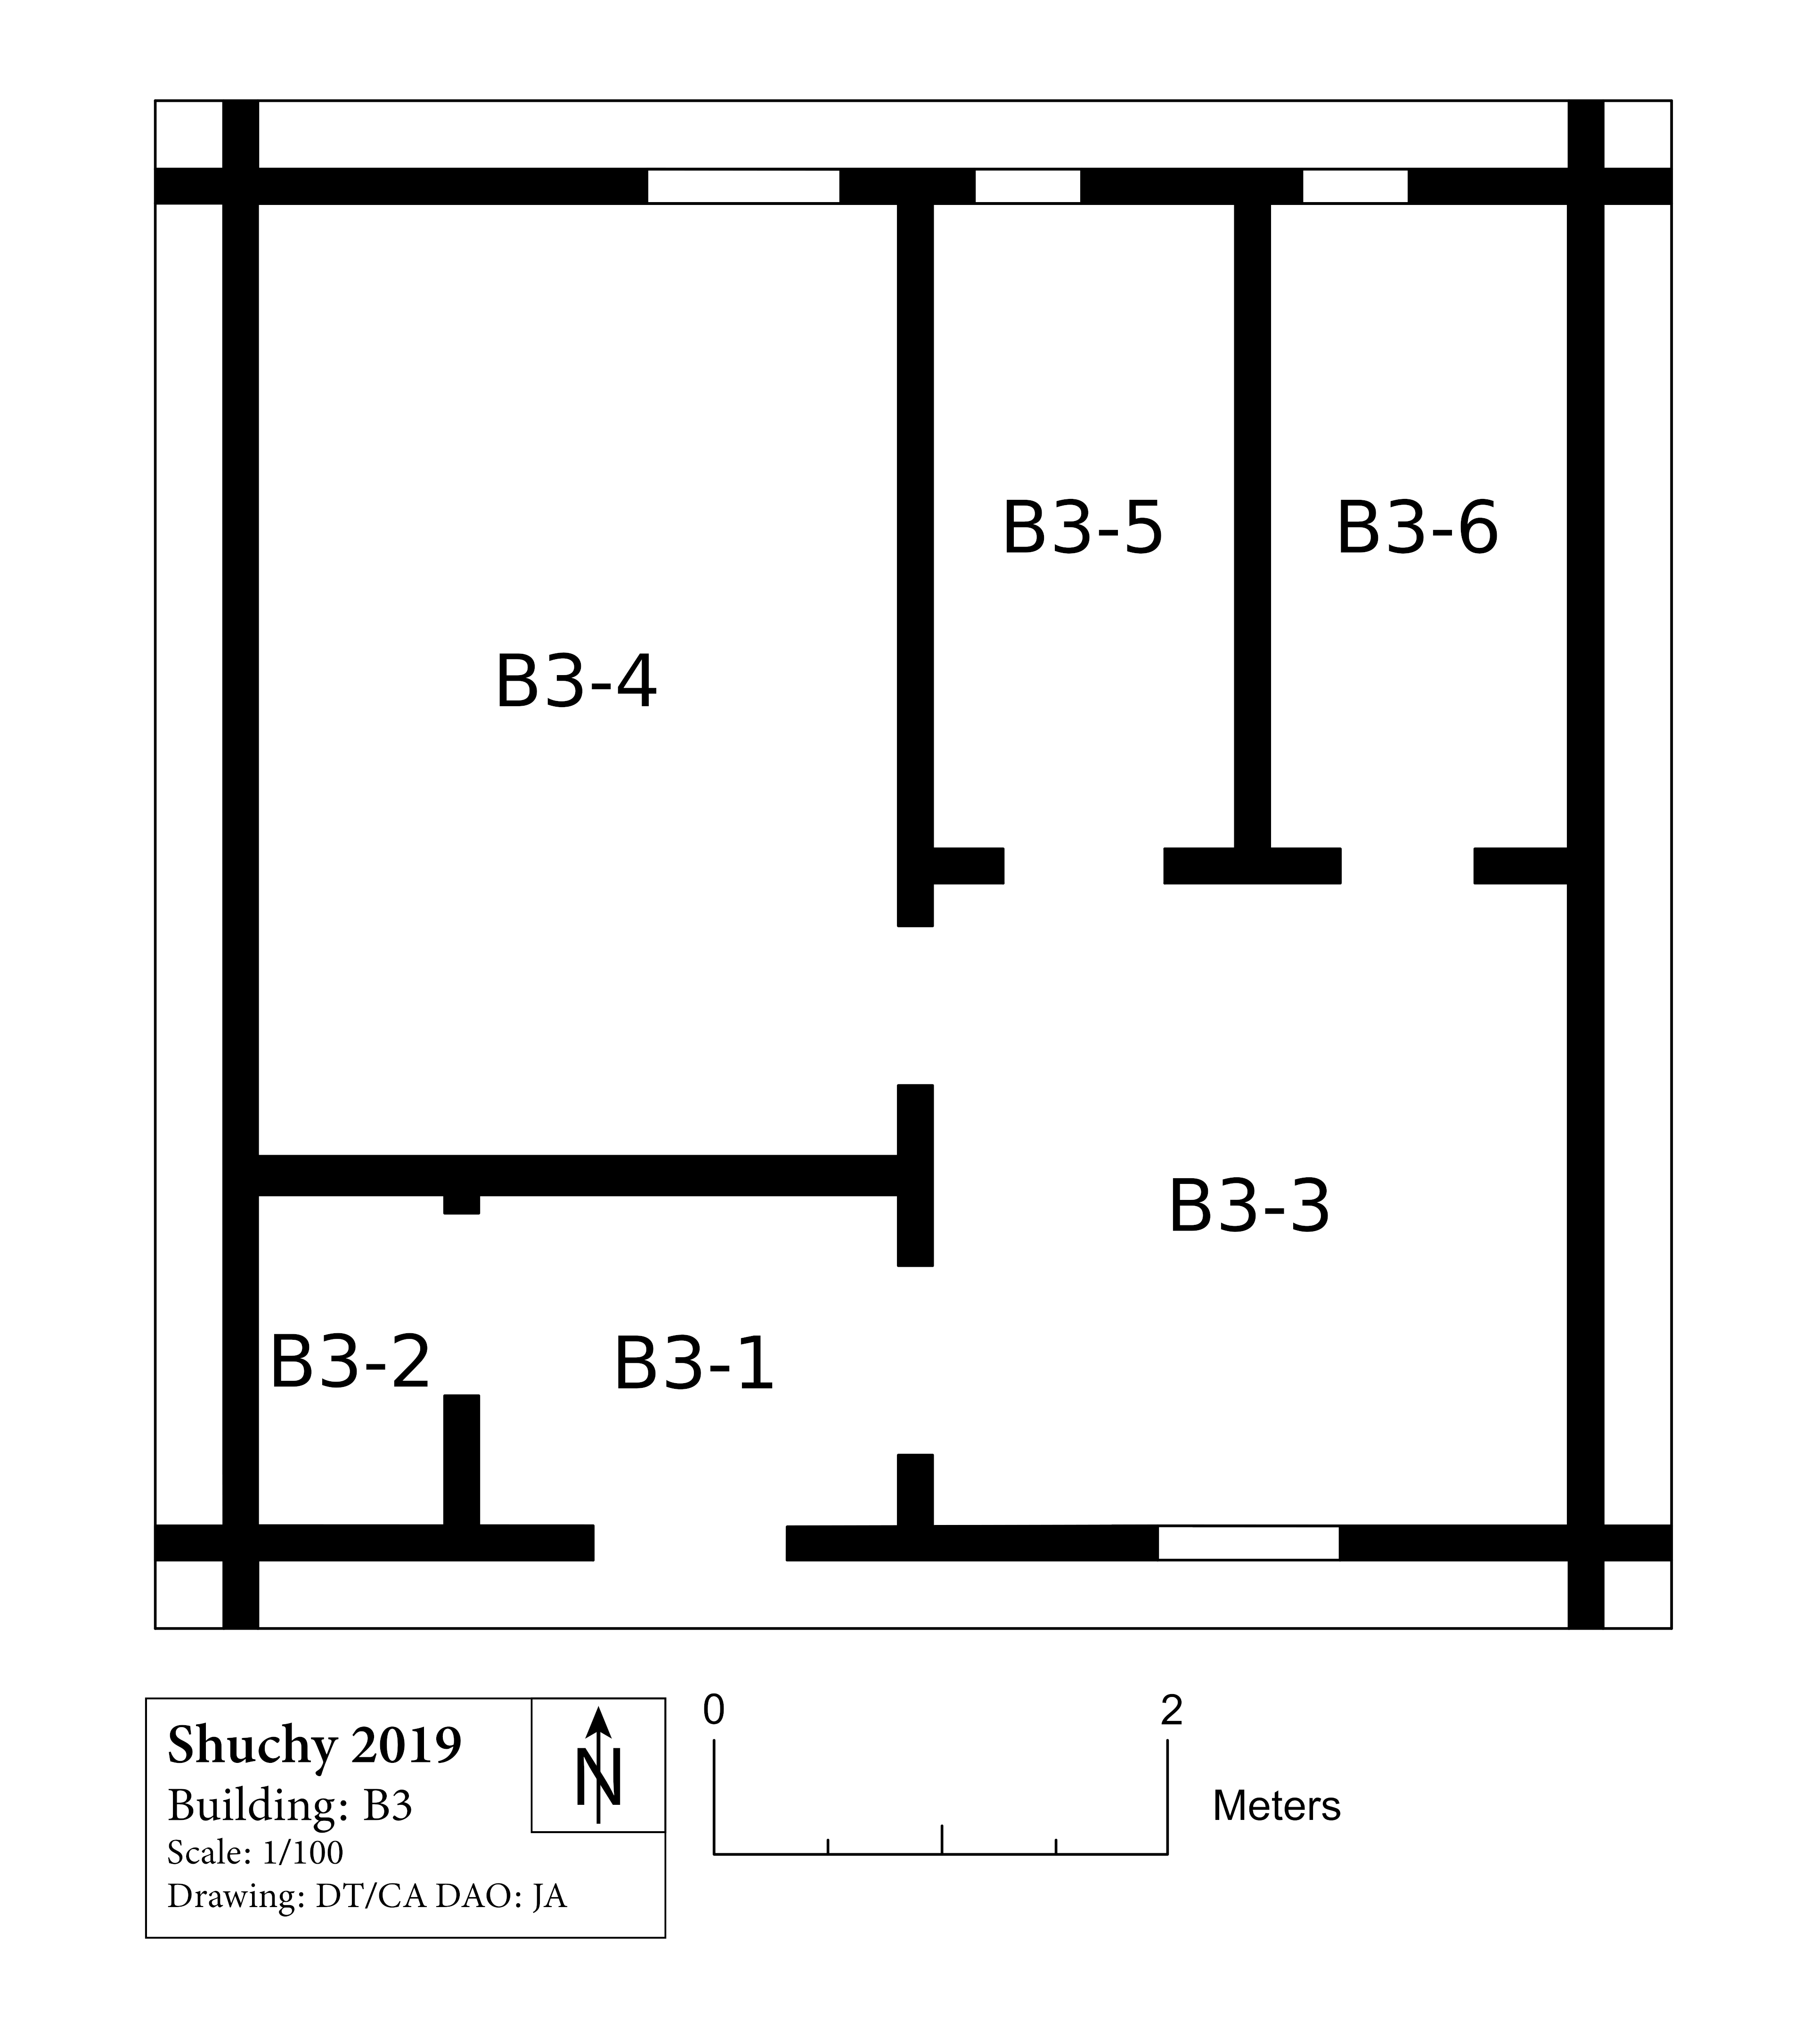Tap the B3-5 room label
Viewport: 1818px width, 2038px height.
(1083, 528)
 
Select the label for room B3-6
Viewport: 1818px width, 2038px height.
(1418, 528)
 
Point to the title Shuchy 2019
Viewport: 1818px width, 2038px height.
(315, 1745)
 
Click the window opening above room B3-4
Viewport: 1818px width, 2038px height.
(743, 186)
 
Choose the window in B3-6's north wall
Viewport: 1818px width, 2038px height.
(1355, 186)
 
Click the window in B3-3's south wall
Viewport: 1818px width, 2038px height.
(1248, 1543)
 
